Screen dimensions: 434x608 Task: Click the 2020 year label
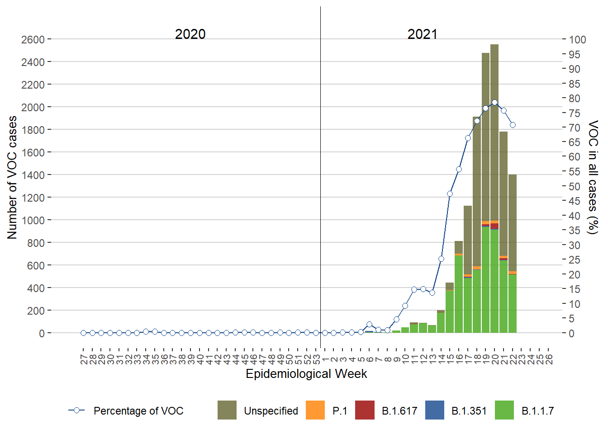click(x=190, y=34)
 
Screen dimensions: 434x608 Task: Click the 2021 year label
click(x=422, y=34)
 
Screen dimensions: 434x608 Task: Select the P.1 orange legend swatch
click(x=315, y=410)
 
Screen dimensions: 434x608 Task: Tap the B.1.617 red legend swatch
click(x=365, y=410)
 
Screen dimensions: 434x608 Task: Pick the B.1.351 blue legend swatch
click(x=435, y=410)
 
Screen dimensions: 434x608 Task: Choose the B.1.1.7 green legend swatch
click(x=504, y=410)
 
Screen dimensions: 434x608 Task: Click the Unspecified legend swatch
click(x=227, y=410)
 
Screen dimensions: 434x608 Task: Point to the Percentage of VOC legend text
click(x=138, y=411)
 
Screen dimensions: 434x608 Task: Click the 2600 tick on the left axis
click(x=33, y=40)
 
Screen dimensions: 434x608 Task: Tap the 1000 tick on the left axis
click(x=33, y=220)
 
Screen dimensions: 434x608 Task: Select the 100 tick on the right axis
click(x=577, y=40)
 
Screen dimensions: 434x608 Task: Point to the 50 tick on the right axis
click(x=575, y=186)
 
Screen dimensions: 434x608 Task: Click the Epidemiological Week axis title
click(x=306, y=374)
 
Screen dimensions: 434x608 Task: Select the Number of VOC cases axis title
click(x=12, y=177)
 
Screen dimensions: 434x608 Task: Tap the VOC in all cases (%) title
click(x=593, y=177)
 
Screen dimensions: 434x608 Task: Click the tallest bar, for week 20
click(x=494, y=136)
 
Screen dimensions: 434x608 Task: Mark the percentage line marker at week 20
click(x=494, y=103)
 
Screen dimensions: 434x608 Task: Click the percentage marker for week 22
click(x=513, y=125)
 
